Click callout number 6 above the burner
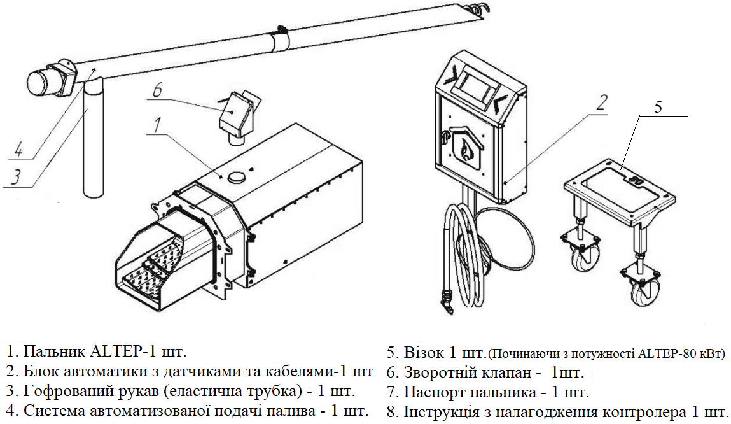157,90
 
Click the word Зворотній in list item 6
436,372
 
